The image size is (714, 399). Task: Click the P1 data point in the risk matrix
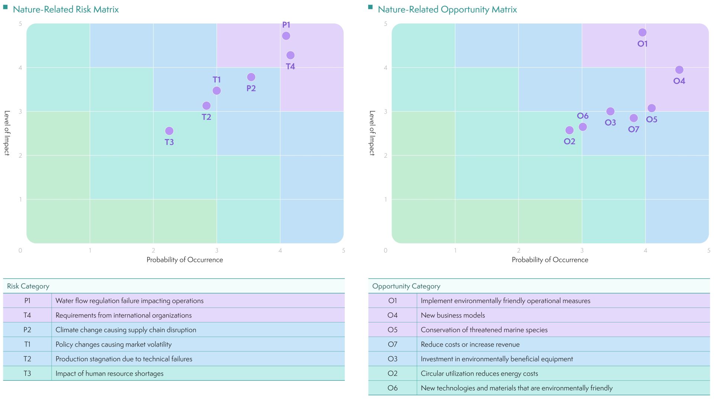(x=286, y=36)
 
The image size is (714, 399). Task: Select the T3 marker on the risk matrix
(x=169, y=131)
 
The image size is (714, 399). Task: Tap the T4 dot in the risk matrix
(x=290, y=55)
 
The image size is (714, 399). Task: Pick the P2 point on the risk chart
(x=251, y=77)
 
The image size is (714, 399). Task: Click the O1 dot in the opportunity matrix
(x=642, y=33)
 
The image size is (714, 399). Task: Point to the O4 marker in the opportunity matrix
(x=679, y=70)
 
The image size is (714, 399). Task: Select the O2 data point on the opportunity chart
(x=569, y=130)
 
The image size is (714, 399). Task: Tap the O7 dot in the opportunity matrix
(x=634, y=118)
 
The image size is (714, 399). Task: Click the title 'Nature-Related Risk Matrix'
(x=66, y=9)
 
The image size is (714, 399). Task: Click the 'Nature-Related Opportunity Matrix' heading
(x=447, y=9)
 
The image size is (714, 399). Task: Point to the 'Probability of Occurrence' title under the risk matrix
(x=185, y=260)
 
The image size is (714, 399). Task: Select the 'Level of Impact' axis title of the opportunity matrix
(x=372, y=133)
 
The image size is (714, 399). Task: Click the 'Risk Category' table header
(x=28, y=286)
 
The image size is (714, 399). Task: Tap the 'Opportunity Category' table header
(x=406, y=286)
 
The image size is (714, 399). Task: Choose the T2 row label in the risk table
(x=28, y=359)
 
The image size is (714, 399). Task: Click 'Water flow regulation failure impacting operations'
(x=129, y=301)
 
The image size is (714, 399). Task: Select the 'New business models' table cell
(x=453, y=315)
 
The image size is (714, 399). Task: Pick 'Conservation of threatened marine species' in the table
(x=484, y=330)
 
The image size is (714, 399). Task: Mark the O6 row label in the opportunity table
(x=392, y=388)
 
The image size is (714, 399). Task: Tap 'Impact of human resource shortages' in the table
(x=109, y=373)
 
